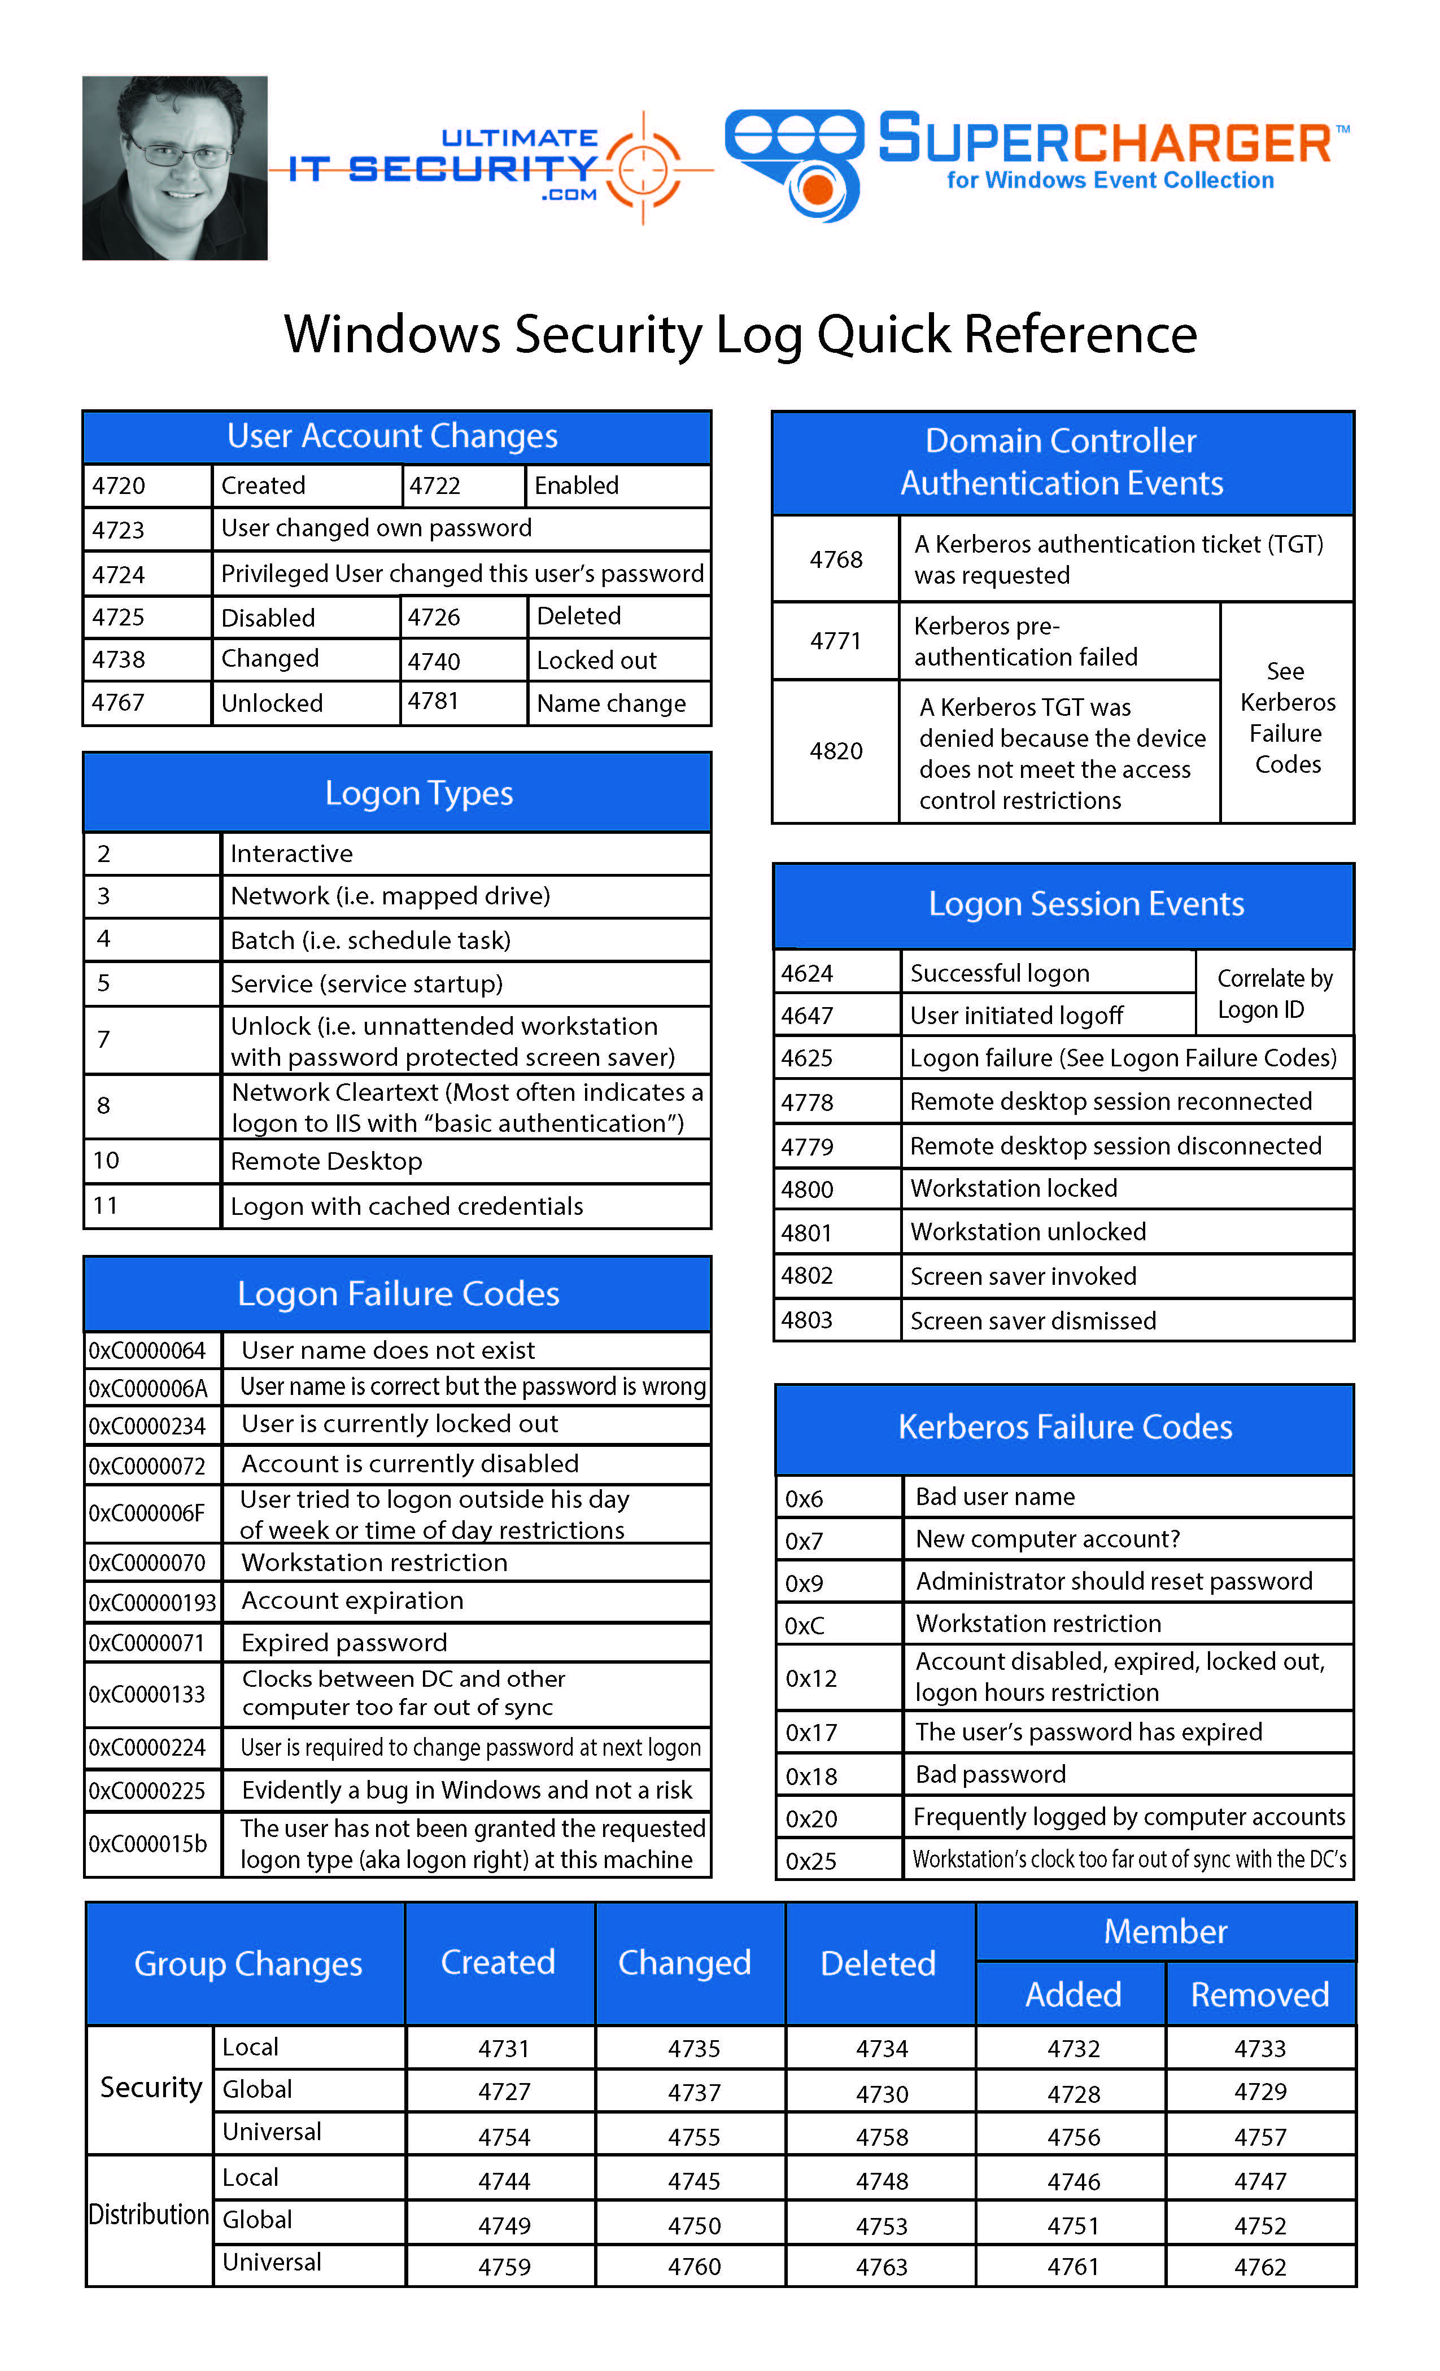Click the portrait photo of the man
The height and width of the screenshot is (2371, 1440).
[x=174, y=168]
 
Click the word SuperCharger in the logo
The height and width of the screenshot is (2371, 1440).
[x=1105, y=141]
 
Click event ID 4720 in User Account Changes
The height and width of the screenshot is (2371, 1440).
[x=119, y=486]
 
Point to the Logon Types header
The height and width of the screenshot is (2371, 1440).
[x=418, y=793]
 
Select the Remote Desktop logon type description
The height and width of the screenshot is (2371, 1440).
[x=326, y=1161]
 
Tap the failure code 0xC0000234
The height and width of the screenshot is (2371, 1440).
[x=147, y=1425]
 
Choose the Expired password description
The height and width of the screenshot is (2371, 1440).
[x=344, y=1643]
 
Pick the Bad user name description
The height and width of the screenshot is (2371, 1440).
[x=995, y=1497]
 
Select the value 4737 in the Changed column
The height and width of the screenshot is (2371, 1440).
[x=694, y=2092]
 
